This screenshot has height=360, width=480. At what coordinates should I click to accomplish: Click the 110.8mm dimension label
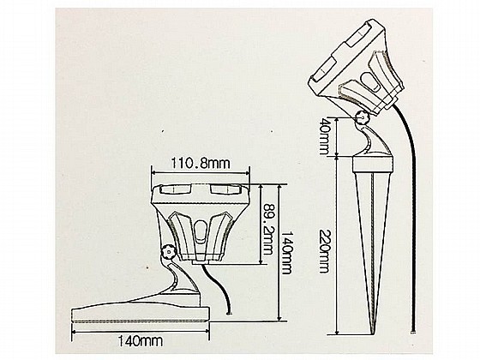tap(200, 164)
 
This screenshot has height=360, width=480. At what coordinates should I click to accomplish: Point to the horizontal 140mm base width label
tap(140, 340)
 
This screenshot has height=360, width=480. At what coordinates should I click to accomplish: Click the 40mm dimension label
tap(323, 136)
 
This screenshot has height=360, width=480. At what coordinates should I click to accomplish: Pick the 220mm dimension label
tap(323, 250)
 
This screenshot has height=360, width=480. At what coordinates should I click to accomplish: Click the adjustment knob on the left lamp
tap(167, 252)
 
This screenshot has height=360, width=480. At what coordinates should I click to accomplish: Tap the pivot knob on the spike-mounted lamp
tap(363, 117)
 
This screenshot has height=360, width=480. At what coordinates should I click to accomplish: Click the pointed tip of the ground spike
tap(374, 334)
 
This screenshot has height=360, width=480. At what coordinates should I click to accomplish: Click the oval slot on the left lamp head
tap(200, 231)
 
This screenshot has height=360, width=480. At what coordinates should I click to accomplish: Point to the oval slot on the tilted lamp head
tap(371, 81)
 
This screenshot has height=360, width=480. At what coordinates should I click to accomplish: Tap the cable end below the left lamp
tap(228, 313)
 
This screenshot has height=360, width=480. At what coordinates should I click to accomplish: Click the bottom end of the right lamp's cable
tap(414, 331)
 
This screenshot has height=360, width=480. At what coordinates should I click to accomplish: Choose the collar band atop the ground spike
tap(373, 165)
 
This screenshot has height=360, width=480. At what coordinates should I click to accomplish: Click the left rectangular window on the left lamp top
tap(172, 189)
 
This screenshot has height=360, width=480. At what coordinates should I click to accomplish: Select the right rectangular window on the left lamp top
tap(224, 189)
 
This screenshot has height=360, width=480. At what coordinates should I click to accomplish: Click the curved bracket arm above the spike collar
tap(371, 139)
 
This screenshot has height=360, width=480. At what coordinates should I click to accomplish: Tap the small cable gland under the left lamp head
tap(200, 262)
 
